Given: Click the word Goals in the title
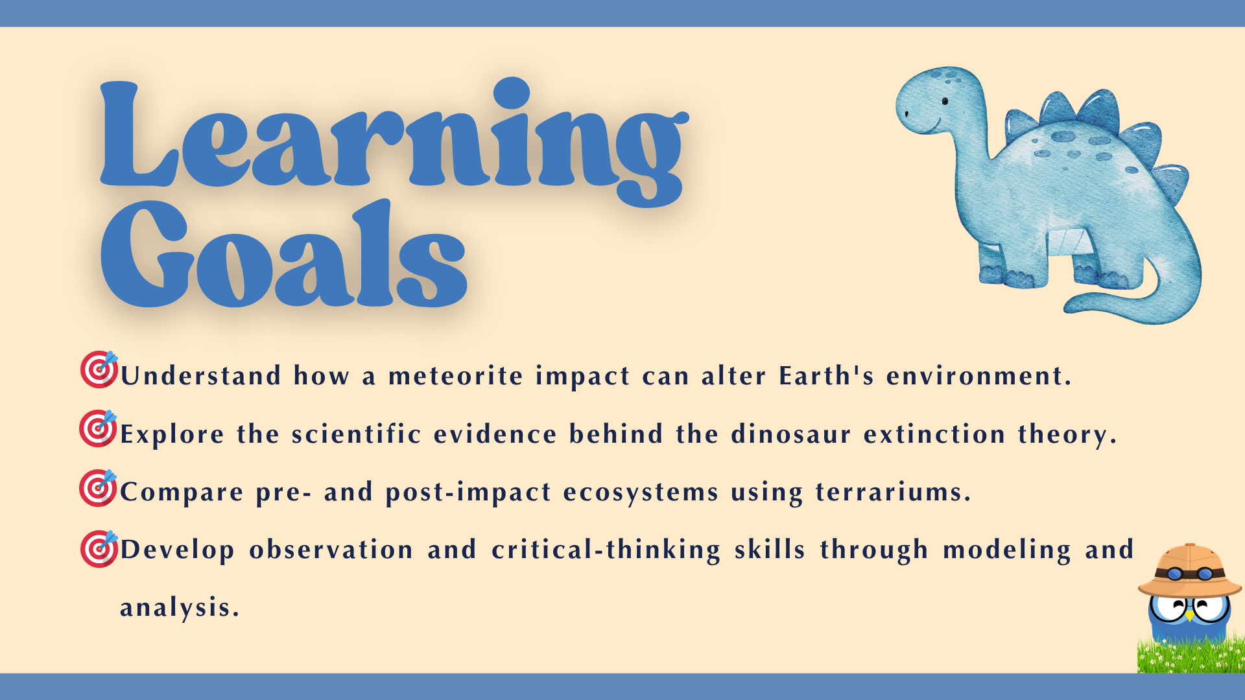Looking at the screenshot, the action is click(283, 253).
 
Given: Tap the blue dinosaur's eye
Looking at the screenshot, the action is click(945, 101).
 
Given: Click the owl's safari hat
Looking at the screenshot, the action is click(1190, 570).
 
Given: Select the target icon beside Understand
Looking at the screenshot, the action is click(99, 369).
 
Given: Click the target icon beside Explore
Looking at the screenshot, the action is click(99, 428).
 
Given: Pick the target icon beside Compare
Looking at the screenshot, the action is click(99, 487).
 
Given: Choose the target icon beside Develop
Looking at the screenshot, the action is click(99, 548).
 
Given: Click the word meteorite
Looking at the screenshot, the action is click(456, 376).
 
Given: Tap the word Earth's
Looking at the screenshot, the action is click(827, 375).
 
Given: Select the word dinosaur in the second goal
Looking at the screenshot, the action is click(791, 434).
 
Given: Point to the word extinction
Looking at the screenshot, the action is click(934, 434).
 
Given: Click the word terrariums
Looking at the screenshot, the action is click(894, 492).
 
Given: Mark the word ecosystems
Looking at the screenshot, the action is click(641, 493).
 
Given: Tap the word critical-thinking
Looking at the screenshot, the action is click(606, 550).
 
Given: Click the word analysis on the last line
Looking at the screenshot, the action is click(180, 608).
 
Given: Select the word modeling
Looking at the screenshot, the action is click(1006, 550).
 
